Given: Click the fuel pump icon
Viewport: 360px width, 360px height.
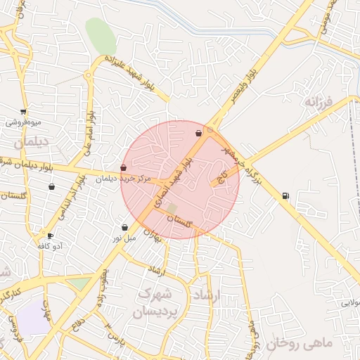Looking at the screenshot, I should [x=285, y=195].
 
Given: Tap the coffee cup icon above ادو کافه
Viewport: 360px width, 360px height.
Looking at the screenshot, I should [x=50, y=236].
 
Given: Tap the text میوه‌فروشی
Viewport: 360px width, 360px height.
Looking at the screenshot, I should [x=24, y=122].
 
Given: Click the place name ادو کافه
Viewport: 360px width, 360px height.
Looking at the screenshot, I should [x=49, y=246].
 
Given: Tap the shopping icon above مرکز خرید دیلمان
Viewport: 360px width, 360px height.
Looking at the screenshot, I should [x=124, y=167].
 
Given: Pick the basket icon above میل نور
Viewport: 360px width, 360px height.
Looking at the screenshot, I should [x=125, y=227].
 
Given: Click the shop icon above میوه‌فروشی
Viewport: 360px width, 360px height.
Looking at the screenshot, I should [x=24, y=112].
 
